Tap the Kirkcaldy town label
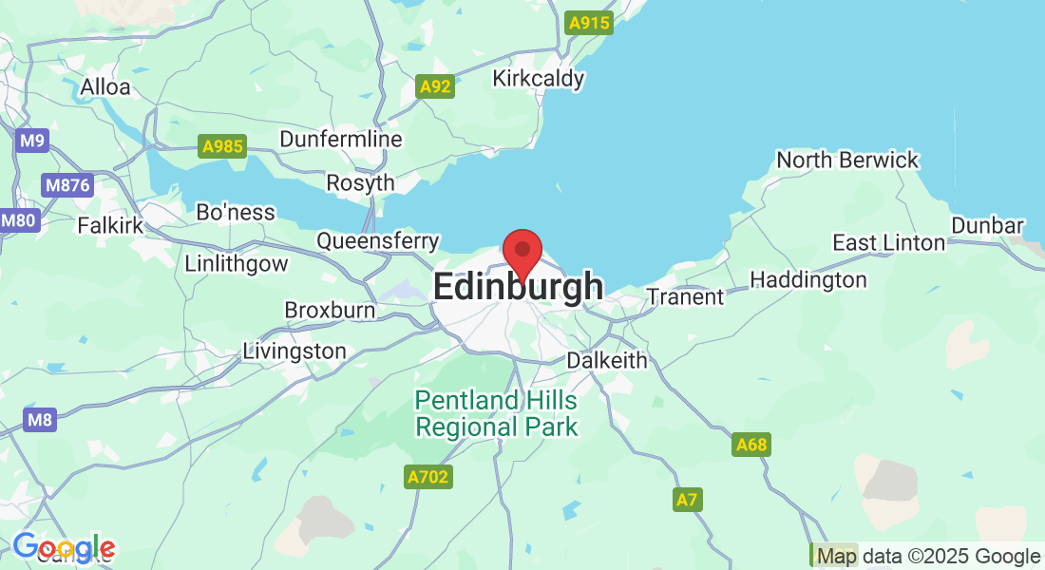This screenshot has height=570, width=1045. [x=538, y=78]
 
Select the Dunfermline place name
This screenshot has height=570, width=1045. [x=340, y=139]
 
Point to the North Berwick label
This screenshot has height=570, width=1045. [x=847, y=160]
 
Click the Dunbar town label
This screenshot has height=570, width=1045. [x=988, y=226]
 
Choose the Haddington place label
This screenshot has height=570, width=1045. [x=807, y=279]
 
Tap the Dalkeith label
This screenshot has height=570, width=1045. [x=606, y=360]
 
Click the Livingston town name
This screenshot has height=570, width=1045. [x=294, y=351]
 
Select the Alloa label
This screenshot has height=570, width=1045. [x=104, y=86]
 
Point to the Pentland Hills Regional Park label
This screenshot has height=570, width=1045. [x=496, y=413]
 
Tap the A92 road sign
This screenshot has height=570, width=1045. [x=436, y=87]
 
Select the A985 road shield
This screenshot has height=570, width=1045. [x=223, y=146]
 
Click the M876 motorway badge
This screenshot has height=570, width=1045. [x=67, y=184]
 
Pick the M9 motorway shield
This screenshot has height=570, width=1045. [x=33, y=142]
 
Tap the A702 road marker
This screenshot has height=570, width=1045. [x=427, y=477]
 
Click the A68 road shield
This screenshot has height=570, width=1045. [x=751, y=445]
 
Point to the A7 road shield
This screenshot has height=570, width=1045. [x=688, y=500]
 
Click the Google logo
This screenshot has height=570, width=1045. [x=63, y=548]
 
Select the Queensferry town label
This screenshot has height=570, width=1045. [x=377, y=241]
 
